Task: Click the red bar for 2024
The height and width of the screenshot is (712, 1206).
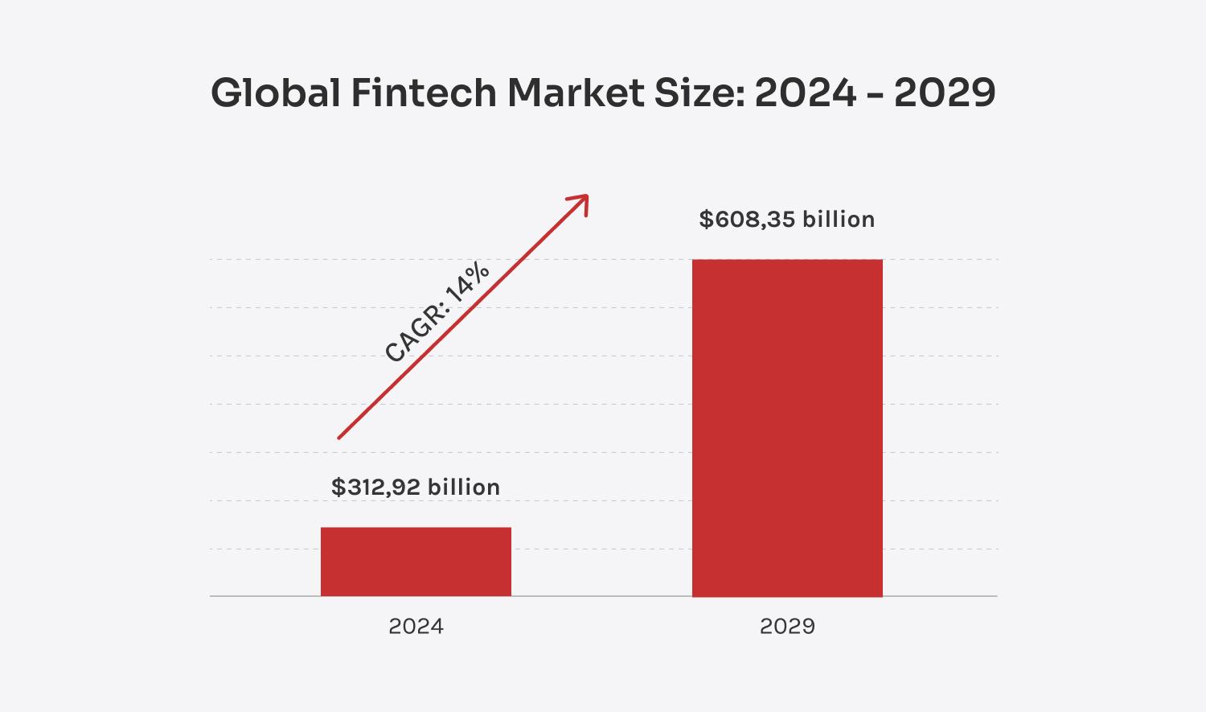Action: (416, 562)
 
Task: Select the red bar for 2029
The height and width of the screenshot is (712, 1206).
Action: (787, 427)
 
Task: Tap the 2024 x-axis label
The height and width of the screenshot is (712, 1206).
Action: (416, 626)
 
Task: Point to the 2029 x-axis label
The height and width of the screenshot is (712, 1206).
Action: (787, 626)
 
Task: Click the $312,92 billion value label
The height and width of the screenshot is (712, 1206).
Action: (415, 487)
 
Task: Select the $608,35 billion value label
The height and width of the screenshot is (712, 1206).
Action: (786, 219)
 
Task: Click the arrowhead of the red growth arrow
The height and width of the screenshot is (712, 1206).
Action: (582, 200)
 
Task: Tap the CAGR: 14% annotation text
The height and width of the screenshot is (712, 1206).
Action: (437, 312)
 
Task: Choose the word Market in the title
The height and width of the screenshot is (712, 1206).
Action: (575, 93)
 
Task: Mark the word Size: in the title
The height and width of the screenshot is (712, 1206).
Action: (699, 93)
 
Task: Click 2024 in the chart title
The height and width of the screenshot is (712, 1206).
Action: (806, 93)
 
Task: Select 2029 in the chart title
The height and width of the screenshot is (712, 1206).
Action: (945, 93)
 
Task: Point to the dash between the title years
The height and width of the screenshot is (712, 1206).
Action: (876, 96)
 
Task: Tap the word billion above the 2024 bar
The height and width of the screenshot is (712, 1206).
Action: (463, 487)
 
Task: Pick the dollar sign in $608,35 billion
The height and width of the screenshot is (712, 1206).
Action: (705, 219)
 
